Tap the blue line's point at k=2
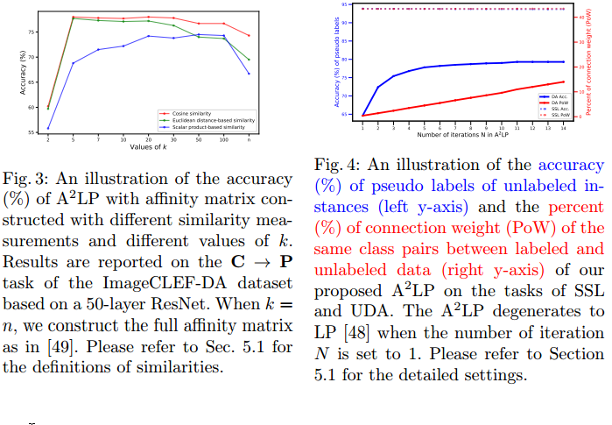click(48, 128)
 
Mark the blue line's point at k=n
click(250, 74)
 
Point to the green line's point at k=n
click(250, 60)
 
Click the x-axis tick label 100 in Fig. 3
click(224, 138)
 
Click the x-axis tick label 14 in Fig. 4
click(562, 126)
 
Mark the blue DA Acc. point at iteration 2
click(378, 87)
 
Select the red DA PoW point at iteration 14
click(562, 81)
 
